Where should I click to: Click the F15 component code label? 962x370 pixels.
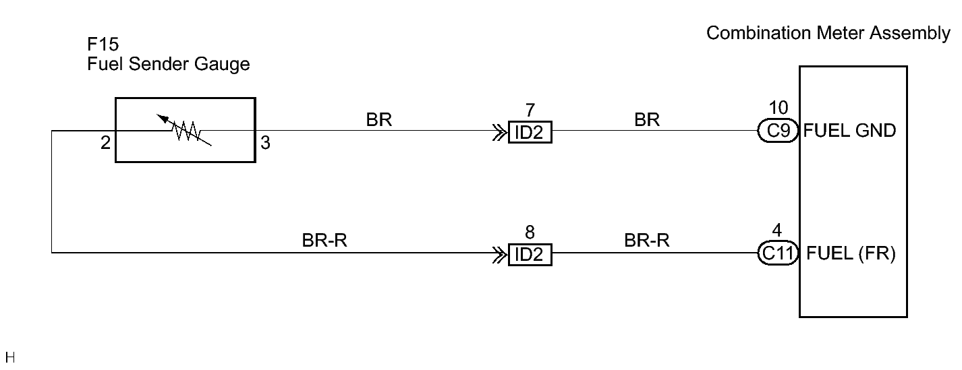(103, 44)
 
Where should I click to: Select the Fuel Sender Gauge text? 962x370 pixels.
(169, 65)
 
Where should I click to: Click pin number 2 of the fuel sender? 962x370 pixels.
(106, 143)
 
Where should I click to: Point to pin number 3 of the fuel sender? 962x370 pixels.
(265, 143)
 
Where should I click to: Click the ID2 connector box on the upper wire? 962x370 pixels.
(530, 132)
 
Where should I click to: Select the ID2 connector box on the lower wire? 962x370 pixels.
(530, 255)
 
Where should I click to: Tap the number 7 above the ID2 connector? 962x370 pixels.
(530, 111)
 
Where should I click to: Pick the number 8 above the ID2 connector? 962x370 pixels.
(530, 233)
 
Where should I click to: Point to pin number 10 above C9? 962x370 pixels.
(779, 108)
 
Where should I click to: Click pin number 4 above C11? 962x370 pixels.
(777, 230)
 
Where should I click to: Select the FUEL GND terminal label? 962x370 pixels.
(849, 131)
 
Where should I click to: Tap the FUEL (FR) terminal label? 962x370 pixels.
(851, 253)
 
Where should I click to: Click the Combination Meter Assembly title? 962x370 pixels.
(828, 33)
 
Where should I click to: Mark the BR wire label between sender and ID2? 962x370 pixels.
(378, 120)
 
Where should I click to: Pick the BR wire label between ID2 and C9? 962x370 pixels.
(647, 120)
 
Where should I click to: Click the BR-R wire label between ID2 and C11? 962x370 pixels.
(647, 241)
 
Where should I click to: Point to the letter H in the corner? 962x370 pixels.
(10, 357)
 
